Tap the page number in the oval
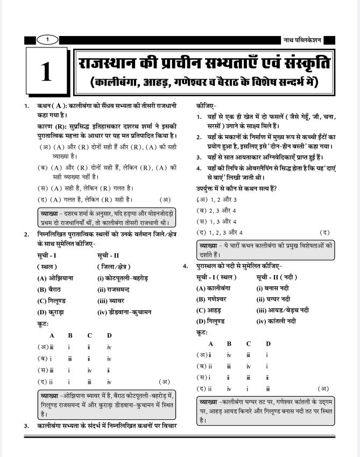(47, 39)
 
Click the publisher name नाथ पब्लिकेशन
(302, 40)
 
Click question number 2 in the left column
(26, 234)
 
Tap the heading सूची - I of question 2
(47, 255)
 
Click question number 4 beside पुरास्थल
(186, 266)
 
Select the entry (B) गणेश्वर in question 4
(211, 299)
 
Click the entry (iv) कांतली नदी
(277, 321)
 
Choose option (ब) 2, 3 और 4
(217, 210)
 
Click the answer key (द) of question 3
(324, 232)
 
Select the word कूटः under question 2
(43, 324)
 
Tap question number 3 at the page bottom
(26, 426)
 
